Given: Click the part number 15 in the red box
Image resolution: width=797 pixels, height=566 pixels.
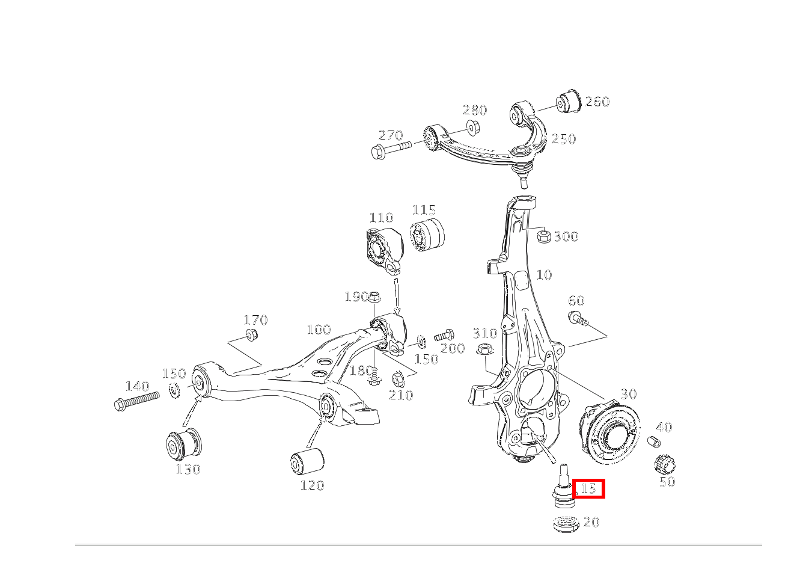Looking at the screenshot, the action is pos(588,488).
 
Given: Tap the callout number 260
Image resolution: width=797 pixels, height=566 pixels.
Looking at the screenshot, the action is pos(597,102).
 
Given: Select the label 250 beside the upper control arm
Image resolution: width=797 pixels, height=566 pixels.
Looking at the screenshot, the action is pos(564,139).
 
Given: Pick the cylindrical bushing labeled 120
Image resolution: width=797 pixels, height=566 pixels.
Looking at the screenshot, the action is pos(307,461).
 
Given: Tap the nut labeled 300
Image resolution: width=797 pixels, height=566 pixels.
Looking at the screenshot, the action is pos(543,236).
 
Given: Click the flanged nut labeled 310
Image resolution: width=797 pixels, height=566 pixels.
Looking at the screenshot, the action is pos(485,349).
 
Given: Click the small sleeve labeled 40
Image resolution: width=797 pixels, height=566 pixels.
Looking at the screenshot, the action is pos(653,441).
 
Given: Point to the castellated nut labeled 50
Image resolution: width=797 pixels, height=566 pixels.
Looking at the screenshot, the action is pos(665,464).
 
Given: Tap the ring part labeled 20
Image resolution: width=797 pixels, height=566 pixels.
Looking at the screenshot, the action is pos(566,524).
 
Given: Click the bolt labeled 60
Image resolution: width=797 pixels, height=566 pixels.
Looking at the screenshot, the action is pos(578,318).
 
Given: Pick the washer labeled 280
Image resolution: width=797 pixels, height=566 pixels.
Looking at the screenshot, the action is pos(473,128).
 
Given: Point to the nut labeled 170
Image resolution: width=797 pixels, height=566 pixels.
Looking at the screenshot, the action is pos(252,334).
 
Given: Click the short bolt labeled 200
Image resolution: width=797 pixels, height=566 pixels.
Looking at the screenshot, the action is pos(444,335).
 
